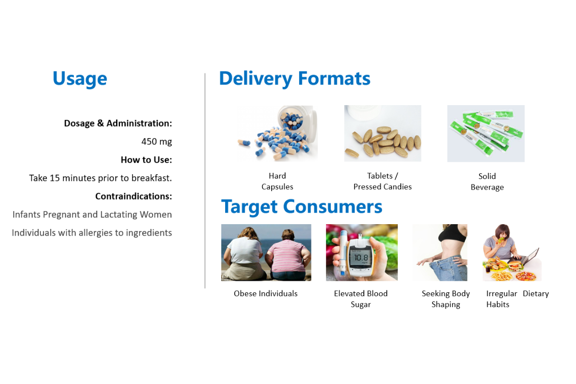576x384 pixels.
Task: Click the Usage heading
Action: click(80, 79)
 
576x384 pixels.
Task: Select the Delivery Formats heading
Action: click(295, 79)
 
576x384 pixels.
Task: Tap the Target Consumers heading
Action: click(301, 207)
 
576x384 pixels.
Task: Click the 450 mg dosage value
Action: click(156, 142)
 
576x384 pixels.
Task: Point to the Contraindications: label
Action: click(133, 196)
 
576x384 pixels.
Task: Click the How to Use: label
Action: click(146, 160)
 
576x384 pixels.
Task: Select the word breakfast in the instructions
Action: click(151, 178)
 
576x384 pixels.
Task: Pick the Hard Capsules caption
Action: click(277, 181)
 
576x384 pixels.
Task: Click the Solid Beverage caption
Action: click(487, 182)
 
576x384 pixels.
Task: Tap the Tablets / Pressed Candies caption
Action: click(383, 181)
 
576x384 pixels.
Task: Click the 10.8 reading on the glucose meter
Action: click(361, 257)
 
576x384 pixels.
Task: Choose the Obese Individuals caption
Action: click(265, 293)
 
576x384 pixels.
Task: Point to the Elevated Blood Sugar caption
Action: click(361, 299)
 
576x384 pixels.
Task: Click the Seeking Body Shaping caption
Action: click(445, 299)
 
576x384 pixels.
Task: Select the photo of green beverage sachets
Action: click(486, 133)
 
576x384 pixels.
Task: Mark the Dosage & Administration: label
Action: click(118, 123)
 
